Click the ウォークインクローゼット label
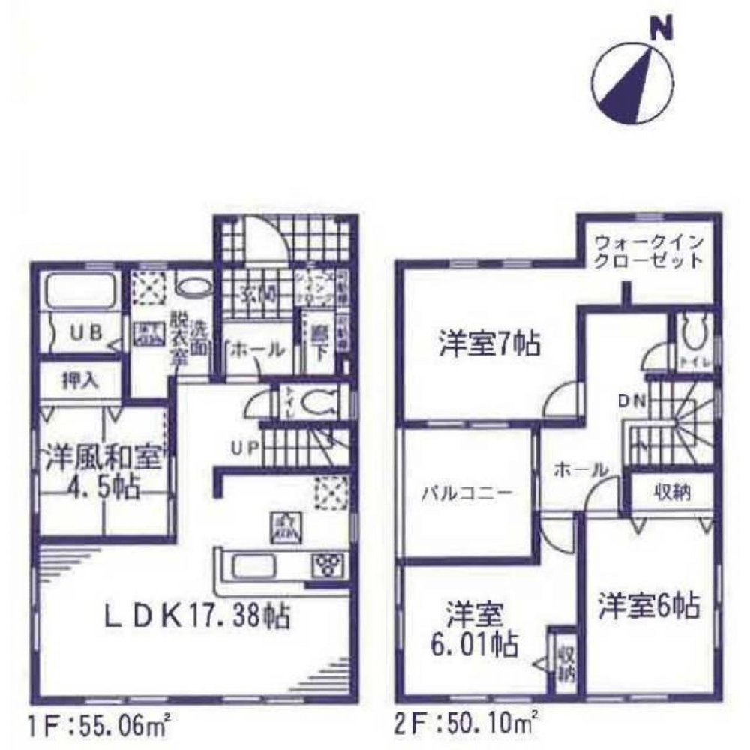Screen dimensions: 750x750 click(x=649, y=252)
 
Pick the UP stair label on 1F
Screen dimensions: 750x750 click(x=245, y=448)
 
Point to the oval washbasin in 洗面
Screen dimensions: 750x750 click(x=194, y=286)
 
